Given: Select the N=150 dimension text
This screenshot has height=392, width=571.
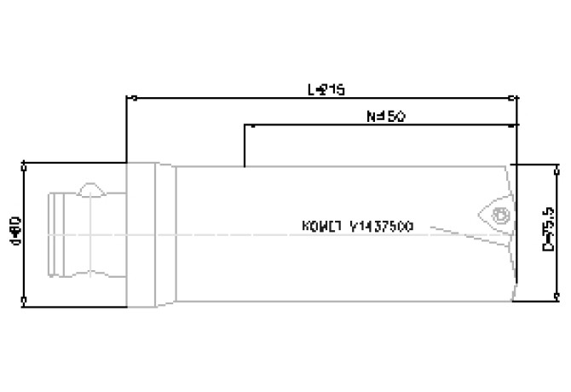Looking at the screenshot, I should pyautogui.click(x=384, y=116).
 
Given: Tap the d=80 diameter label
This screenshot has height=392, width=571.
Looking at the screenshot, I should pyautogui.click(x=14, y=230).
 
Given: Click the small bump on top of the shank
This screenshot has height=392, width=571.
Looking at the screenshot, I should pyautogui.click(x=90, y=187).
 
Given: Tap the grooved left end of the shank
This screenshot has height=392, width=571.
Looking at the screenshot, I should pyautogui.click(x=56, y=231).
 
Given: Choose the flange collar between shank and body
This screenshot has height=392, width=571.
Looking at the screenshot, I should pyautogui.click(x=150, y=232).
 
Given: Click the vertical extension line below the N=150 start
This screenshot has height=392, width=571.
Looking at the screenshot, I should pyautogui.click(x=245, y=147).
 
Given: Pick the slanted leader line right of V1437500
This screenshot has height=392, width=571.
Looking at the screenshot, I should pyautogui.click(x=456, y=231).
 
